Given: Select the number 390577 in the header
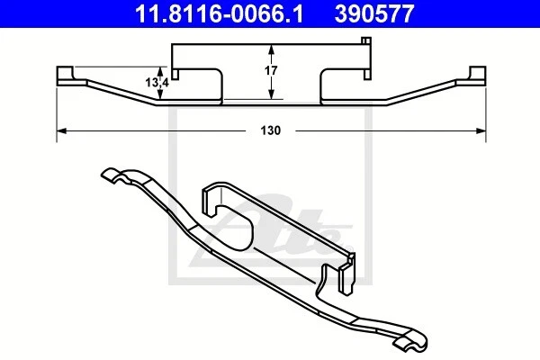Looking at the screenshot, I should coord(393,14).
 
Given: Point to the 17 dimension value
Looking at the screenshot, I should coord(273,70).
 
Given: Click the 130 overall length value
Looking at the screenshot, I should coord(272,130).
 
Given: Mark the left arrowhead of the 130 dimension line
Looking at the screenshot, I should coord(61,130).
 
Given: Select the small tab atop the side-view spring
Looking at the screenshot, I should coord(365,40).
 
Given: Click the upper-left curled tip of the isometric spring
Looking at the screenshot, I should coord(109,175).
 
